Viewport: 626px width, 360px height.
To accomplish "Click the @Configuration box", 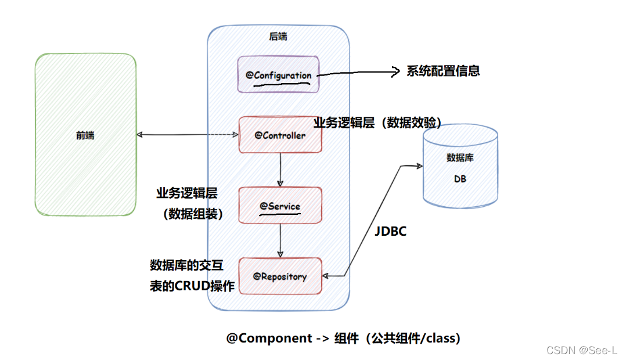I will point(278,74).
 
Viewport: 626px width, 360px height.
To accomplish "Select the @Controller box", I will point(280,135).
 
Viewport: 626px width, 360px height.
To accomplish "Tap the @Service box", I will point(280,205).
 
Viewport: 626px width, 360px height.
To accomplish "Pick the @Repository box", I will point(280,276).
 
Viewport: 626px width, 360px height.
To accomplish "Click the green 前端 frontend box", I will point(85,135).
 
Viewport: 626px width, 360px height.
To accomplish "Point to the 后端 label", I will point(278,37).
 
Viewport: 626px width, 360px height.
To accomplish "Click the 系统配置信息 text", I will point(443,71).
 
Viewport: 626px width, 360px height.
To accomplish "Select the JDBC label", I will point(390,231).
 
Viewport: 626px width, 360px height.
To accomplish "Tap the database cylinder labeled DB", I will point(460,168).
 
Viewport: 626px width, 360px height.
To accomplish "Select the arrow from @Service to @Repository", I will point(280,239).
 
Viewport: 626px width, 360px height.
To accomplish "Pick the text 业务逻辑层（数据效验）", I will point(378,123).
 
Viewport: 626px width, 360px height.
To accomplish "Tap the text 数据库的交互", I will point(186,265).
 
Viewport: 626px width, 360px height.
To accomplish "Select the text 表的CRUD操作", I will point(192,286).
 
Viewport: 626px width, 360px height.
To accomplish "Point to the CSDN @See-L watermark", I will point(581,350).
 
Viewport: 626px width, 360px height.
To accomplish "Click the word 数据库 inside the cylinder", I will point(460,157).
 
